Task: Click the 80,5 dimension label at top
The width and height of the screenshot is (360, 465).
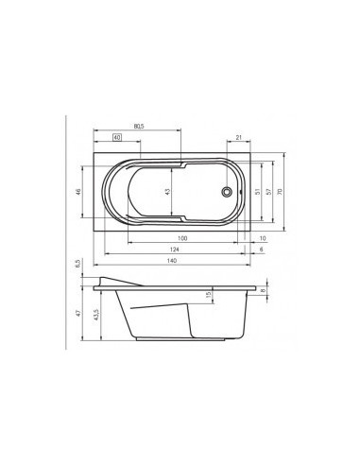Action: tap(138, 125)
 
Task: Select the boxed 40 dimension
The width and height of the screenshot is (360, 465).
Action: tap(116, 138)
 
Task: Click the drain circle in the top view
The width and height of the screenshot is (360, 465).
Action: tap(225, 194)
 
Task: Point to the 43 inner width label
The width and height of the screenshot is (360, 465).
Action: tap(166, 192)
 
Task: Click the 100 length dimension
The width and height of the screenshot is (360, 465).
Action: tap(181, 237)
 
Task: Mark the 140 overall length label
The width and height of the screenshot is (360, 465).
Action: tap(171, 261)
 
